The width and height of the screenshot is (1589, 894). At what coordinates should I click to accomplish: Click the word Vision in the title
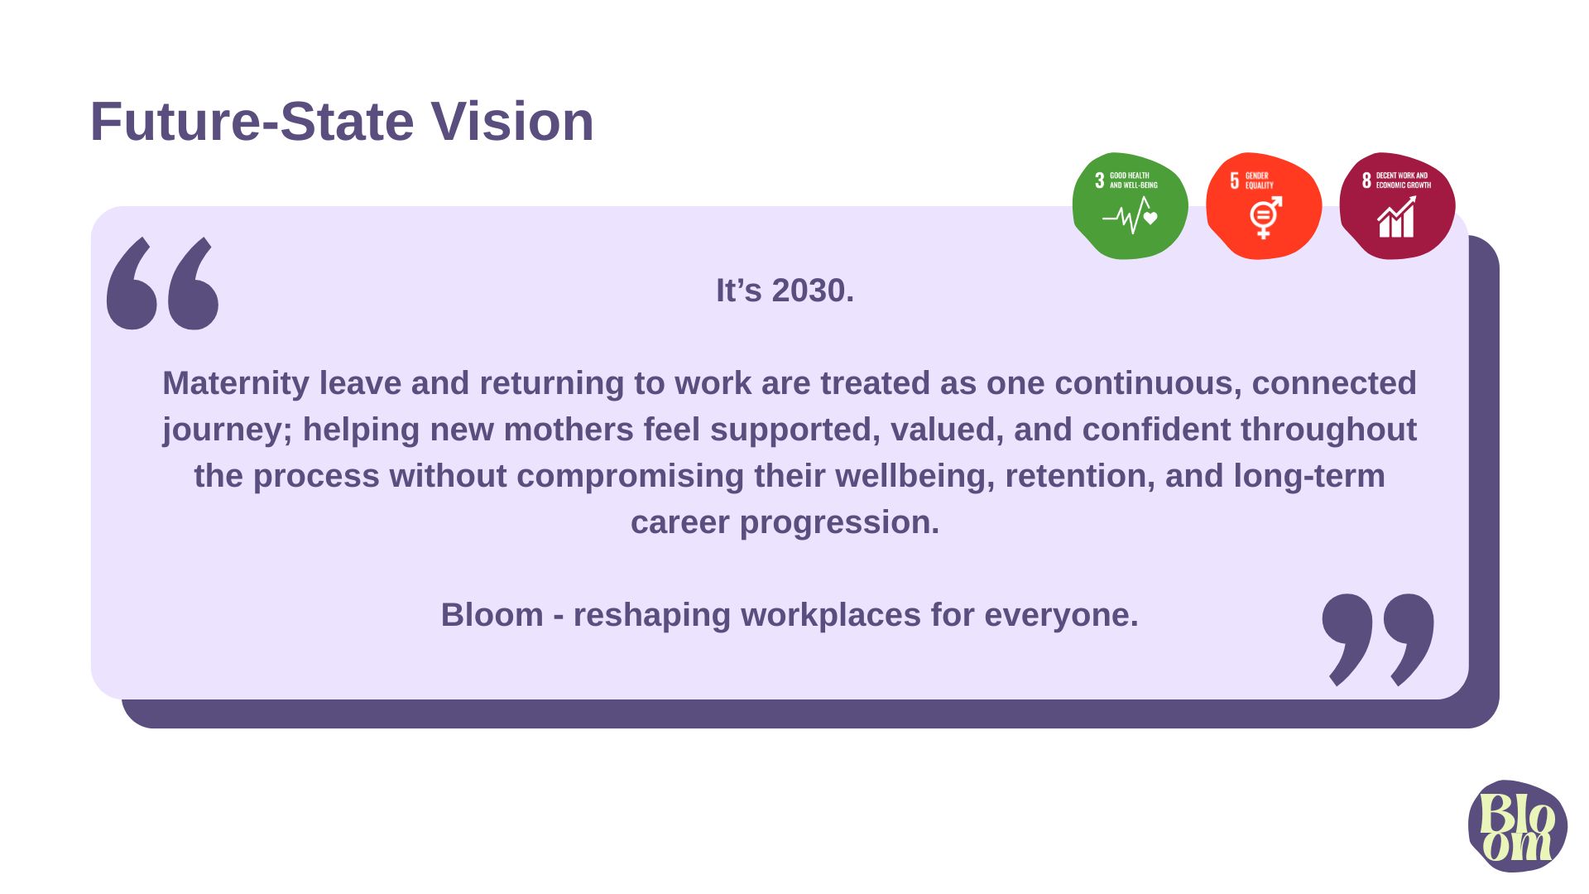(512, 122)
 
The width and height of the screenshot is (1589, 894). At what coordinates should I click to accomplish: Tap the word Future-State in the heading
(252, 122)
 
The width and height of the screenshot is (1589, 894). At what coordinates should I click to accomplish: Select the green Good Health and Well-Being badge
(1130, 206)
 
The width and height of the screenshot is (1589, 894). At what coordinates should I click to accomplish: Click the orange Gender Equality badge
(1264, 206)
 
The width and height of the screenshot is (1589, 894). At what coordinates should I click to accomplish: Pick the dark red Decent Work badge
(1397, 206)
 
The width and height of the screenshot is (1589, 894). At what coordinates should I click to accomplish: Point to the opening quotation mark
(163, 284)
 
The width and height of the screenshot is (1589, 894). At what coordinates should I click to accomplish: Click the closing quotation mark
(1378, 640)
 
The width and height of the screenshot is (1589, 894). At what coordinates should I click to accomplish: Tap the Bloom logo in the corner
(1518, 826)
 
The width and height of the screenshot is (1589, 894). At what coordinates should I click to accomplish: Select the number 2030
(813, 291)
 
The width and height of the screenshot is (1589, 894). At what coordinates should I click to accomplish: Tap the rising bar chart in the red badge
(1396, 217)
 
